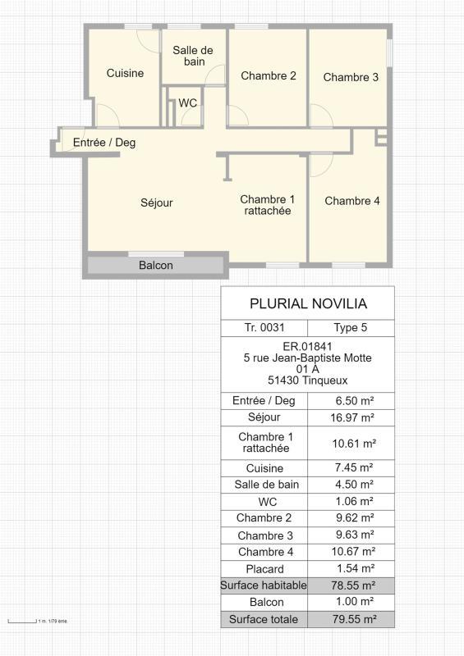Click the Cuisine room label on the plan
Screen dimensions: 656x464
(x=125, y=73)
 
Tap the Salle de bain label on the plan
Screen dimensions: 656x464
(x=193, y=56)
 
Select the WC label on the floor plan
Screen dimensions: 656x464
(x=188, y=103)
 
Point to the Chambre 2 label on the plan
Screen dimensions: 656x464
(x=268, y=75)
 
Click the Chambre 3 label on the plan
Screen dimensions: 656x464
(x=351, y=77)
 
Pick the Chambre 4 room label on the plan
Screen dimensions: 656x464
(x=352, y=201)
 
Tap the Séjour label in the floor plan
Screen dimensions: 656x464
(x=156, y=203)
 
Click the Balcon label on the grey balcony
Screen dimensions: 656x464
(x=155, y=266)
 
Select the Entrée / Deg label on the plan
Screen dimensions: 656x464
(x=104, y=142)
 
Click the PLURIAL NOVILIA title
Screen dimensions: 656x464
(x=308, y=303)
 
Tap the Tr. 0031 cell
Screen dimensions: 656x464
(x=264, y=328)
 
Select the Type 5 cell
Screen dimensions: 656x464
(x=351, y=328)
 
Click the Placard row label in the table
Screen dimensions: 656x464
(x=264, y=568)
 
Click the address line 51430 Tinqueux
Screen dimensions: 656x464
(x=308, y=380)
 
